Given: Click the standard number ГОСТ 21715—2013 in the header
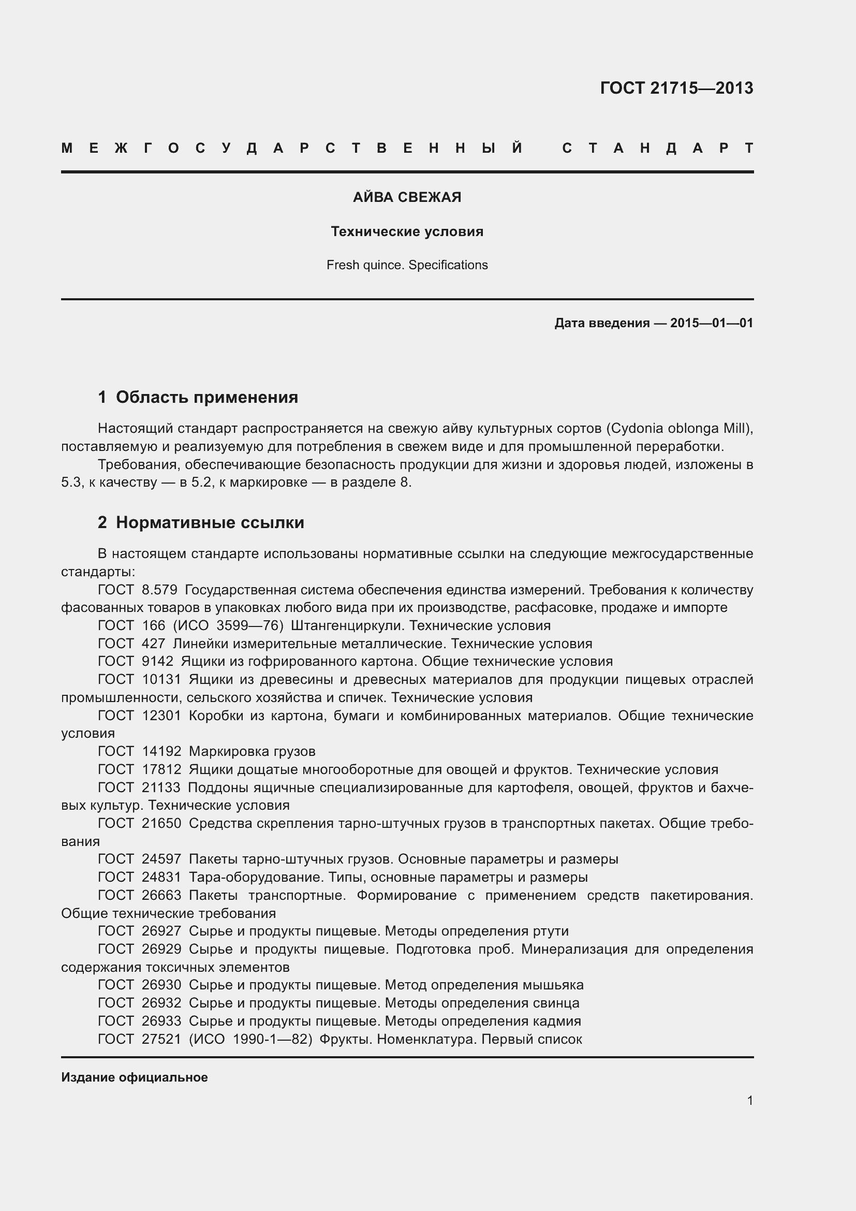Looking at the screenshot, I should coord(676,88).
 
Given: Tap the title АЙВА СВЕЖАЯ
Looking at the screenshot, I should coord(407,197).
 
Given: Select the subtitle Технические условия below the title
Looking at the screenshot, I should coord(407,231).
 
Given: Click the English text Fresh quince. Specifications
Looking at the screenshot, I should coord(407,265).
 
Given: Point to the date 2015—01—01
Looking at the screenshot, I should coord(712,323).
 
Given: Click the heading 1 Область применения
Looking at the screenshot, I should coord(198,397).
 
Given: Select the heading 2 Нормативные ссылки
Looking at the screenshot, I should coord(201,523).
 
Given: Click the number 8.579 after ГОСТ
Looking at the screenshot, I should coord(160,590).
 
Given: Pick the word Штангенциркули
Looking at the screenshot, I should coord(348,625).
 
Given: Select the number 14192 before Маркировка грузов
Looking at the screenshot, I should coord(161,751).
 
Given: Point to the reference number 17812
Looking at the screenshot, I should coord(161,769).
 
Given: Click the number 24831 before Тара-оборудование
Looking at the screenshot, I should coord(161,877).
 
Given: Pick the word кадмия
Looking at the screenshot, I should coord(557,1020).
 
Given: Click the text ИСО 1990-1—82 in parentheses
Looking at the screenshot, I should coord(250,1039).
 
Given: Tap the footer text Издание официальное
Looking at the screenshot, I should coord(135,1077).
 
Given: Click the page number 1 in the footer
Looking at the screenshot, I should coord(749,1101).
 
